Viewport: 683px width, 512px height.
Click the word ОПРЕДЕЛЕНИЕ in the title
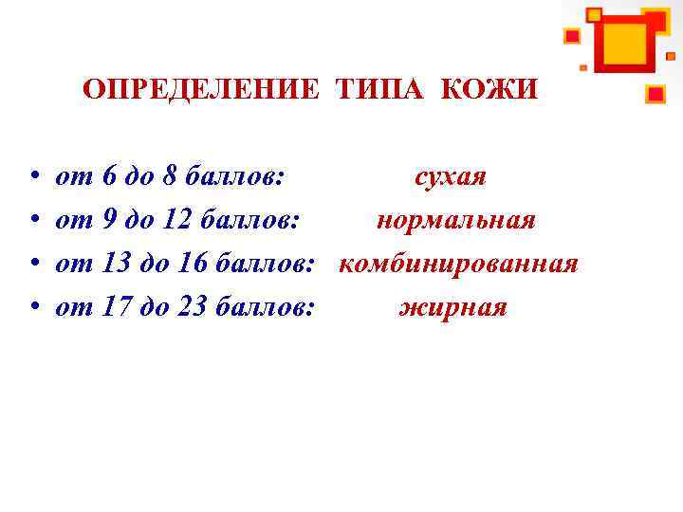(201, 90)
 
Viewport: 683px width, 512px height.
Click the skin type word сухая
(451, 177)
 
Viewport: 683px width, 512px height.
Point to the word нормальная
(456, 221)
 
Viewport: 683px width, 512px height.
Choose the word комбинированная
(458, 264)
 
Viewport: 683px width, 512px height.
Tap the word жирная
(453, 307)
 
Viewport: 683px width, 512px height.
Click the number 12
(176, 221)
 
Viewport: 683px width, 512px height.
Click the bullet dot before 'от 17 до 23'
(33, 308)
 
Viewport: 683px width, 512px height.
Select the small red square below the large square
(655, 94)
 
